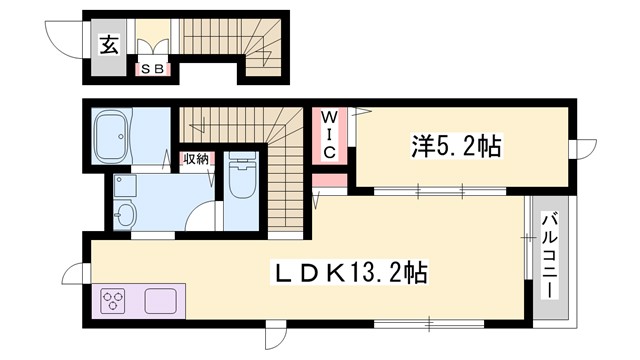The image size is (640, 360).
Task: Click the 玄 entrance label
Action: [x=107, y=43]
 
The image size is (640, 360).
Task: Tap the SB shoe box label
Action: [x=154, y=69]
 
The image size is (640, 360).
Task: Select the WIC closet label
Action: [x=329, y=133]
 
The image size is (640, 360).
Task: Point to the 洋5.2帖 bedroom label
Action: [x=456, y=147]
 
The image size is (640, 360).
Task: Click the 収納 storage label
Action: [x=194, y=158]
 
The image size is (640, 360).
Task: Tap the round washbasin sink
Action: [x=126, y=214]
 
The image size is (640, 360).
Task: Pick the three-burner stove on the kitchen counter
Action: [x=113, y=301]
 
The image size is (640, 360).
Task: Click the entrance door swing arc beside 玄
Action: [x=66, y=37]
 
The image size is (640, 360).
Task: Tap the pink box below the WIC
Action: [x=329, y=182]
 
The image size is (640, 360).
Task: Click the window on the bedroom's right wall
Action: [x=578, y=149]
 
